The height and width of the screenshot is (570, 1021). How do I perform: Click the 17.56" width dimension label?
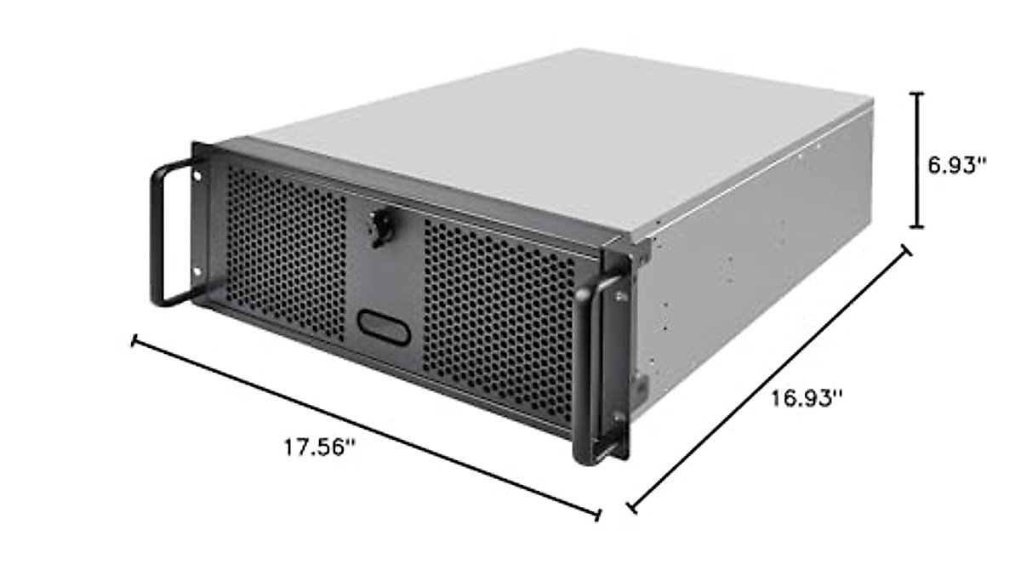coord(318,447)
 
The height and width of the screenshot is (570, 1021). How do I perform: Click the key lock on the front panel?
coord(380,226)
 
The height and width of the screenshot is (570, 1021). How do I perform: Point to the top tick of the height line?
coord(916,93)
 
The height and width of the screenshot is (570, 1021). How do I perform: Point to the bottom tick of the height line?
coord(916,226)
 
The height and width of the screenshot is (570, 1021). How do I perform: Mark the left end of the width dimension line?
coord(134,341)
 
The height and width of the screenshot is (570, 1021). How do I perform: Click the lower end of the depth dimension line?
coord(630,508)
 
